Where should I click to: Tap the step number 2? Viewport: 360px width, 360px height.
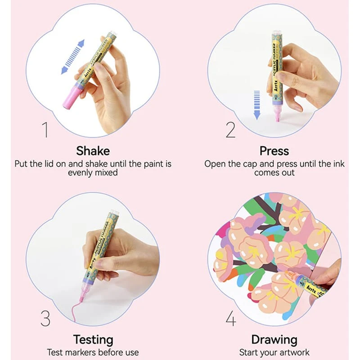tap(230, 130)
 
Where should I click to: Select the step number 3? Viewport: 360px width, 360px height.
tap(45, 318)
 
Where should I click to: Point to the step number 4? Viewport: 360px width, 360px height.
tap(231, 318)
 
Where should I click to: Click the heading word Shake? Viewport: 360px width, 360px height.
tap(93, 151)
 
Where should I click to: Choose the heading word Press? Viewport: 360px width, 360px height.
tap(274, 151)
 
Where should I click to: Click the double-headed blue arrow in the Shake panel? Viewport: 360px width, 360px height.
tap(73, 57)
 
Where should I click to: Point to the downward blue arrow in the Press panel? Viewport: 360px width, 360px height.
tap(257, 105)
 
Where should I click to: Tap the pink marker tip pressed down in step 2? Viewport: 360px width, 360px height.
tap(277, 114)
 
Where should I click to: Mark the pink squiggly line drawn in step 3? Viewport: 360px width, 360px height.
tap(76, 310)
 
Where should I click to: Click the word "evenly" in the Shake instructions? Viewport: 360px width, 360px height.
tap(80, 173)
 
